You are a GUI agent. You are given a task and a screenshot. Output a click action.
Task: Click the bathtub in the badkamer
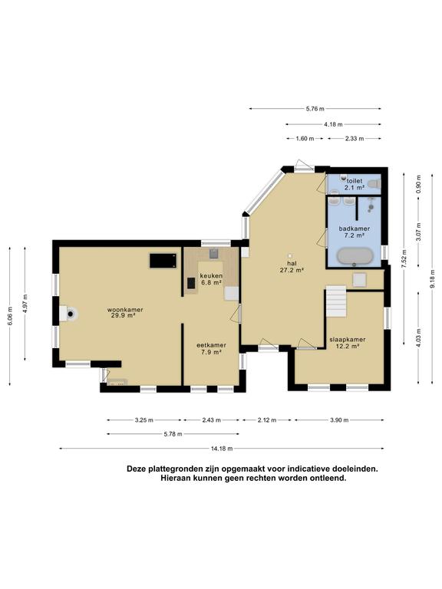355,255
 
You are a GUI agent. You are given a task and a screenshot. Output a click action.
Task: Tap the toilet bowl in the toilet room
372,184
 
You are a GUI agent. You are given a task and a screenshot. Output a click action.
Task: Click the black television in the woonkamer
162,261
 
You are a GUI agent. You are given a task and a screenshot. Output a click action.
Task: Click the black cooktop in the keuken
190,283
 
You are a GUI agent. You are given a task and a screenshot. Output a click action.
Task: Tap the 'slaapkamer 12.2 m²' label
347,342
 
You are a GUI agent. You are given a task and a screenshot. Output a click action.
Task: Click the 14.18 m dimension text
221,449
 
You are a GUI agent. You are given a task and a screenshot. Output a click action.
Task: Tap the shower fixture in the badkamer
371,206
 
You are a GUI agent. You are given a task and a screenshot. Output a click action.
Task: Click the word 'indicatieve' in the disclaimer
302,468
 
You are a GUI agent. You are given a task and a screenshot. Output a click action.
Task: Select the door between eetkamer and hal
238,313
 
